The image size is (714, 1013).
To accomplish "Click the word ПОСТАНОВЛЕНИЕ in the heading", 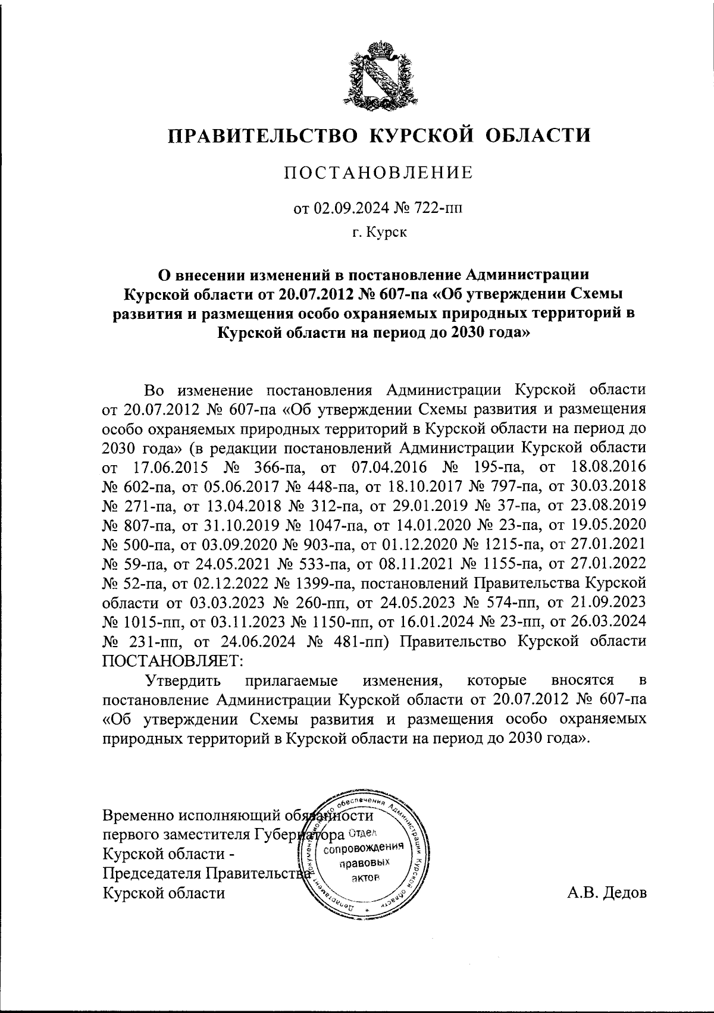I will pos(378,173).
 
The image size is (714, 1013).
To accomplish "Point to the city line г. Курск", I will pos(378,234).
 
